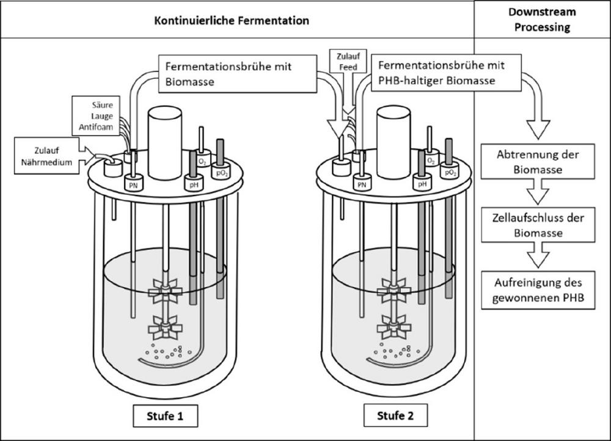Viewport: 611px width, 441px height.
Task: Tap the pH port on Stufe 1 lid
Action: click(x=193, y=183)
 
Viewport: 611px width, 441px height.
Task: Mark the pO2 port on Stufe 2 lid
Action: click(x=451, y=173)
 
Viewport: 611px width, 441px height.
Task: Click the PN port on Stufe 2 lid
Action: click(x=362, y=182)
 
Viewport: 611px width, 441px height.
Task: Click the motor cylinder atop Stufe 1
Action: click(x=165, y=143)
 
